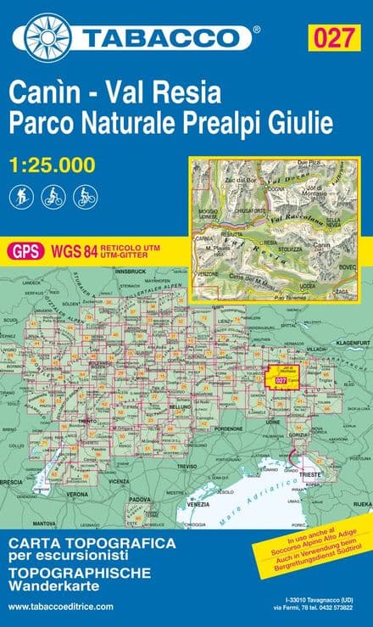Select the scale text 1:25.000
(52, 167)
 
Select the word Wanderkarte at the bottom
(53, 586)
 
